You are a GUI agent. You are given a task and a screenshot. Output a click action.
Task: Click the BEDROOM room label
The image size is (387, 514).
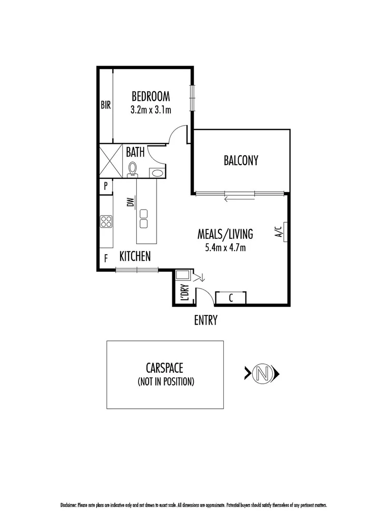pos(150,97)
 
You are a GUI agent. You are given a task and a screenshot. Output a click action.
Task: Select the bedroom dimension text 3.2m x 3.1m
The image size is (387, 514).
pos(150,109)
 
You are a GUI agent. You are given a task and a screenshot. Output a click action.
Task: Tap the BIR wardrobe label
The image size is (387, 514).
pos(106,105)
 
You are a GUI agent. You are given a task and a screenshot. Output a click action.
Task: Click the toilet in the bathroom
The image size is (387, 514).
pos(133,169)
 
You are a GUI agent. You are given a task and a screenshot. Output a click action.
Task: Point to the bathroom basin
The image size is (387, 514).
pos(156,173)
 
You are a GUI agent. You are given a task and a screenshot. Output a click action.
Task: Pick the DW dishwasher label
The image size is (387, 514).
pos(130,203)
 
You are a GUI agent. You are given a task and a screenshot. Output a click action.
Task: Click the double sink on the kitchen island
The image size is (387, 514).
pos(143,219)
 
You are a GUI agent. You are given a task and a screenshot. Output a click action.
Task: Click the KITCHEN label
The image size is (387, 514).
pos(135,257)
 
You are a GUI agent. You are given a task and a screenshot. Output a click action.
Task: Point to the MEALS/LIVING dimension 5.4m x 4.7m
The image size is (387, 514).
pos(225,247)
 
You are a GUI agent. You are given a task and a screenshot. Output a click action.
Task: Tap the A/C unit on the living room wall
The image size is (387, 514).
pos(284,232)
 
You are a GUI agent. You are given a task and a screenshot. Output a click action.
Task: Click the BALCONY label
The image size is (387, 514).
pos(241,161)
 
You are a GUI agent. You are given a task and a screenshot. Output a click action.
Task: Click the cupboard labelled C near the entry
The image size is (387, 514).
pos(231,298)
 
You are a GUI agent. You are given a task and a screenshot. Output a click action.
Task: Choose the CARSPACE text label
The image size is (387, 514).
pos(165,368)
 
